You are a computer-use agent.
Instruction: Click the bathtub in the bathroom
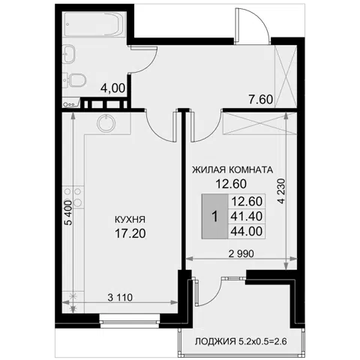94,24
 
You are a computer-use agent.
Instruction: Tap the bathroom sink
69,53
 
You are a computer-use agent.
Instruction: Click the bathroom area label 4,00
112,88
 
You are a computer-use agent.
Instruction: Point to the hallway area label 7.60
260,100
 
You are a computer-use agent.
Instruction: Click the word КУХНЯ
130,220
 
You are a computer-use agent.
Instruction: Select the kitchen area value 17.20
130,233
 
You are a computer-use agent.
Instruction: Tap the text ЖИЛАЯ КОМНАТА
232,170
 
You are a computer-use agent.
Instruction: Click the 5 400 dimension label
68,212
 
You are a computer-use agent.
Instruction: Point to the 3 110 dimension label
120,298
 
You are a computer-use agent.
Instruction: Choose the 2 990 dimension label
241,253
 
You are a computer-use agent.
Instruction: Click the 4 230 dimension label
281,191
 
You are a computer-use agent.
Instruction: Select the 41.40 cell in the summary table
247,216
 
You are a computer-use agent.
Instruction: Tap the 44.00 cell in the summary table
247,231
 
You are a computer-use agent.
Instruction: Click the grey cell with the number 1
214,216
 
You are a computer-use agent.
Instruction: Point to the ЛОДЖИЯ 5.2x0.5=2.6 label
241,341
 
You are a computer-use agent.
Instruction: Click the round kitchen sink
106,124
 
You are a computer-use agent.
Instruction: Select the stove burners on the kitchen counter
73,197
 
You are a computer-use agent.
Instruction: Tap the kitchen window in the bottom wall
130,321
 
